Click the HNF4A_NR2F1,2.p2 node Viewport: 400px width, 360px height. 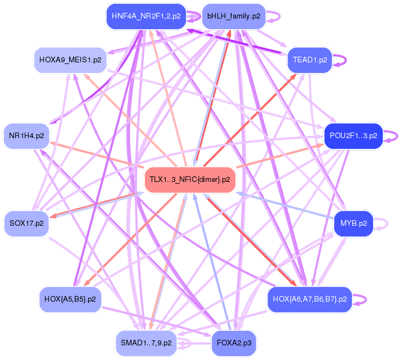[146, 16]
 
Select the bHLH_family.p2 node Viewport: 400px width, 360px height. [234, 16]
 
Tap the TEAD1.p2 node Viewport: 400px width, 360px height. [310, 60]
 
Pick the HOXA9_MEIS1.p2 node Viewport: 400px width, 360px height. [70, 60]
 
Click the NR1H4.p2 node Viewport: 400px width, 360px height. [26, 136]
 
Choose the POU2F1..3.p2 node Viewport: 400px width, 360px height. [353, 136]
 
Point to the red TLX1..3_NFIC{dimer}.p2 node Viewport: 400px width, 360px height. [190, 180]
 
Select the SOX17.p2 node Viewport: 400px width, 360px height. [26, 224]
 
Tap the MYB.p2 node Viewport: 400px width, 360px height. [353, 224]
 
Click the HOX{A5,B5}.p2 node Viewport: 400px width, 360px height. [70, 299]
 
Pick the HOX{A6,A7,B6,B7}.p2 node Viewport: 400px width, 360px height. [310, 299]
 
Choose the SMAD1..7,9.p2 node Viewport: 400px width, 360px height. [146, 343]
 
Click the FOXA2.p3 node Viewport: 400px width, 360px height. [234, 343]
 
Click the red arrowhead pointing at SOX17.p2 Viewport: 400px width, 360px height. [53, 216]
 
